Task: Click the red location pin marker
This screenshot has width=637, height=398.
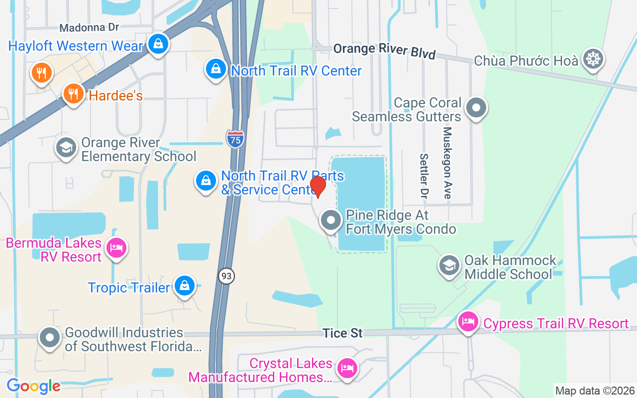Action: (x=318, y=187)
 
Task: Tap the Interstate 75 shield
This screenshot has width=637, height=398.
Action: (x=235, y=139)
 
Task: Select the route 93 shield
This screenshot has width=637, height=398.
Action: (x=226, y=276)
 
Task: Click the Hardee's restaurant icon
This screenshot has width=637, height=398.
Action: (x=73, y=93)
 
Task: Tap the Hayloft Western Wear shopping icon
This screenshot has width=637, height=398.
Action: (x=158, y=44)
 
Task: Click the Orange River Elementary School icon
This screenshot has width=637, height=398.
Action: (x=66, y=147)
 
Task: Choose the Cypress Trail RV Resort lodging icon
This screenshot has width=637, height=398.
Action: (x=468, y=321)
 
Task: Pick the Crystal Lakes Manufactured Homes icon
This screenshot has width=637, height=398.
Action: (x=347, y=369)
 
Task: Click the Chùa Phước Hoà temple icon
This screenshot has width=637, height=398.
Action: (x=593, y=59)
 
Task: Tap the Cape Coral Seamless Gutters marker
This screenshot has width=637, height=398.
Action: (x=476, y=107)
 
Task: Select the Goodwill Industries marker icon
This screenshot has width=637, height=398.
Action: (x=49, y=338)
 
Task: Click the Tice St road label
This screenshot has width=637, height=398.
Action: (x=342, y=333)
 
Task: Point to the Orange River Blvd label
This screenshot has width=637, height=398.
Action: (x=384, y=51)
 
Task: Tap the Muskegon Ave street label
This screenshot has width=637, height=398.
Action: (x=447, y=163)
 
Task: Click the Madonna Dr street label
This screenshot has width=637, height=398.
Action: (x=89, y=27)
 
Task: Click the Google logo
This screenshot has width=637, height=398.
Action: (x=33, y=386)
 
